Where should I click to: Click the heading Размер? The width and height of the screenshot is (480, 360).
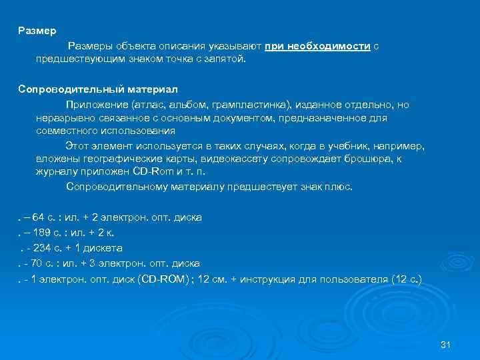pos(37,31)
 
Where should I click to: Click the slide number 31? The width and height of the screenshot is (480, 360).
pos(447,344)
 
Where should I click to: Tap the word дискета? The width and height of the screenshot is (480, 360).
pos(103,248)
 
